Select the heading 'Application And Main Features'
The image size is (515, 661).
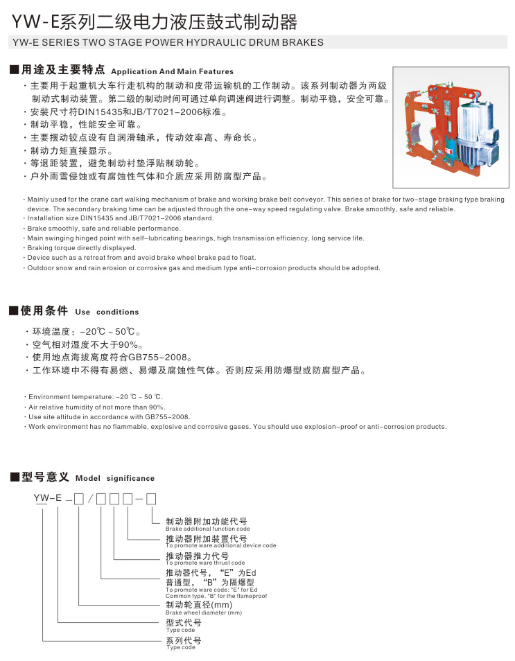tap(172, 71)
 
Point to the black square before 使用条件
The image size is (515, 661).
tap(14, 311)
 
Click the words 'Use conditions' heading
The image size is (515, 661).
tap(107, 312)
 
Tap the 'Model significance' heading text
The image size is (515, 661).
tap(115, 478)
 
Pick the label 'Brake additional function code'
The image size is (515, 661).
tap(207, 529)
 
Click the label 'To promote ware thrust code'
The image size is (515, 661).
tap(205, 563)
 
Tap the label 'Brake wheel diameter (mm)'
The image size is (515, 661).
tap(204, 612)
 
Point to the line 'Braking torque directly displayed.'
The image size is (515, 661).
tap(82, 247)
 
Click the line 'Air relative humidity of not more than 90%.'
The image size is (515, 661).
tap(96, 407)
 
